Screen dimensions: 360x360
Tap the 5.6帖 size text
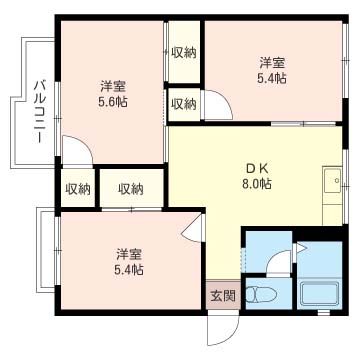[x=113, y=101]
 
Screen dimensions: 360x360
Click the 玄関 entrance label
[x=223, y=295]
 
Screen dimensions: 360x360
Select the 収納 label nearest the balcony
[x=78, y=188]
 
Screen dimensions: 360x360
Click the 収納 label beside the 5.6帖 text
[x=182, y=53]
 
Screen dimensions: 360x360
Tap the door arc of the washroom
[x=278, y=262]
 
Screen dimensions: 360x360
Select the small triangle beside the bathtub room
[x=298, y=244]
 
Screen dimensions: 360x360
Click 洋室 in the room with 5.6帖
[x=113, y=85]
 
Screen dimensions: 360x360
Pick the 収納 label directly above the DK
[x=182, y=102]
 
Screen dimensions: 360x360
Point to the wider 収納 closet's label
[x=130, y=188]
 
